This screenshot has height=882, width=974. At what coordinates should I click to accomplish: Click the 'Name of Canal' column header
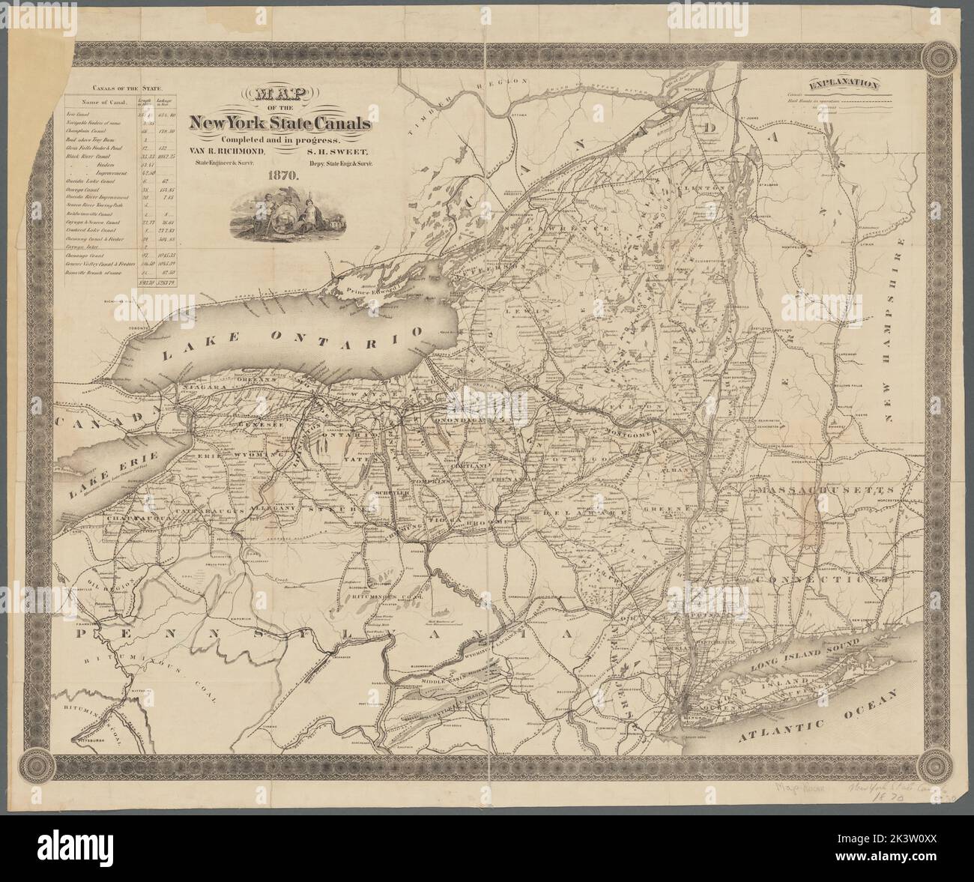pos(105,103)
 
